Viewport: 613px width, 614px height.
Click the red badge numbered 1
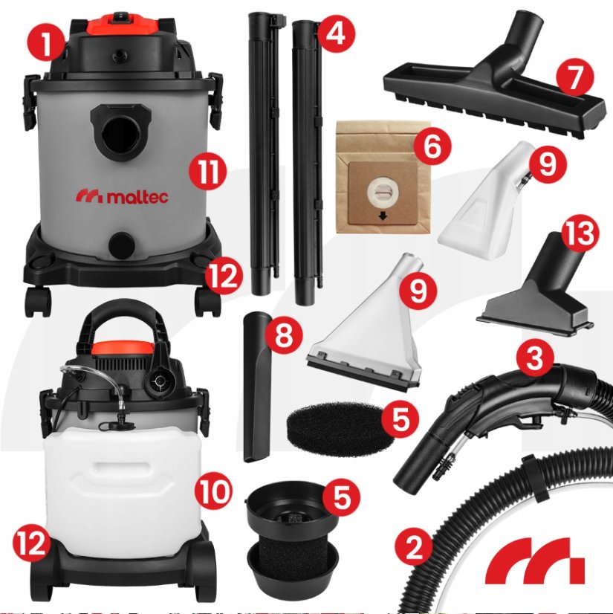[x=47, y=44]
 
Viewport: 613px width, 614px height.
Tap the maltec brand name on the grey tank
[x=122, y=196]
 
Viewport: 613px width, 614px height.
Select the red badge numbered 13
[x=580, y=235]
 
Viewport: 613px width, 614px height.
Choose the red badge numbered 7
[x=575, y=77]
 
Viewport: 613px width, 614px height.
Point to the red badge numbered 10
[x=213, y=491]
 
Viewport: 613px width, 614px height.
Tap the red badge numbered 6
[x=432, y=146]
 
